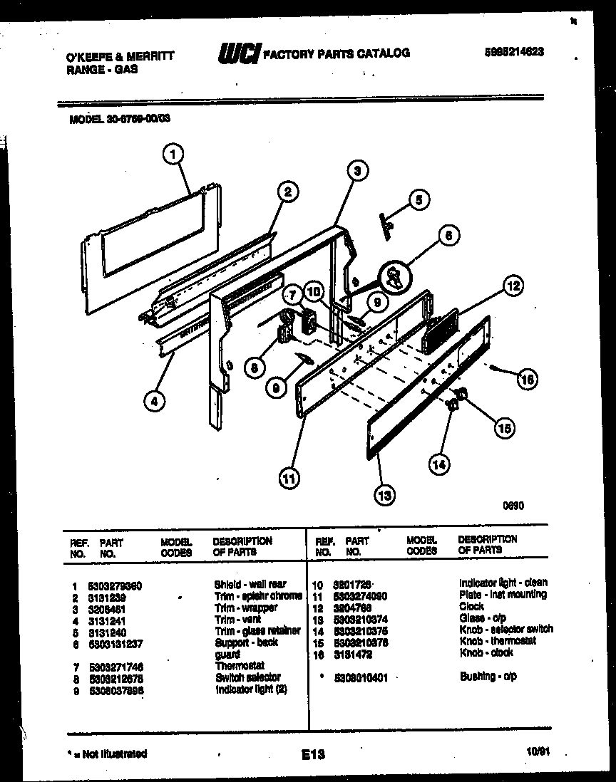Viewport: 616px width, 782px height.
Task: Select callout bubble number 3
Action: pyautogui.click(x=359, y=170)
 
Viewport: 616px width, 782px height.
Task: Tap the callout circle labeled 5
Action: pyautogui.click(x=419, y=200)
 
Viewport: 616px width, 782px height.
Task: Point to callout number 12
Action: pyautogui.click(x=512, y=287)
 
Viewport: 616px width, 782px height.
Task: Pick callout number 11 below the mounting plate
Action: pyautogui.click(x=287, y=479)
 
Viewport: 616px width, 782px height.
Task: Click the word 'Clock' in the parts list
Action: pyautogui.click(x=472, y=606)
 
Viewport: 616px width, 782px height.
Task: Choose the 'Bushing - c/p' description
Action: pyautogui.click(x=488, y=676)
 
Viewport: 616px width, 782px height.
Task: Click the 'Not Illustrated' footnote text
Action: pyautogui.click(x=107, y=754)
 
